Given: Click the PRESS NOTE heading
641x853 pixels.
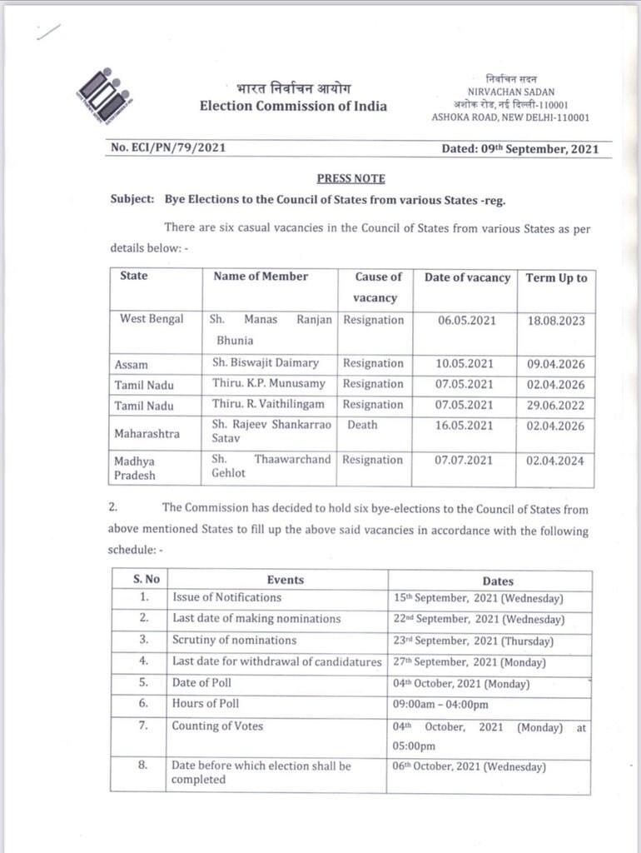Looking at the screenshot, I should [x=350, y=178].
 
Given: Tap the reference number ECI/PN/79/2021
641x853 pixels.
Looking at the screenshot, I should [x=168, y=148].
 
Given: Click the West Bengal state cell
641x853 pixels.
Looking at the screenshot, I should [x=152, y=319].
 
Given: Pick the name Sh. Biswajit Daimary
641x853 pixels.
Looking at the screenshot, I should [x=266, y=363].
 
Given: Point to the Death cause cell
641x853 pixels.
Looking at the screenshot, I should [x=362, y=425].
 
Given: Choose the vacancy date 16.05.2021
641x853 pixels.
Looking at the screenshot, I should [x=465, y=426].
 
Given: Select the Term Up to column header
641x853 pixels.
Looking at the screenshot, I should [x=556, y=278].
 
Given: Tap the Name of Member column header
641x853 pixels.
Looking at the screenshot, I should [x=261, y=277].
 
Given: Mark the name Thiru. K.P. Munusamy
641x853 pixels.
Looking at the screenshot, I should [x=268, y=384].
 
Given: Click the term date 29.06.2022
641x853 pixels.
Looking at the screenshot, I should [x=555, y=406].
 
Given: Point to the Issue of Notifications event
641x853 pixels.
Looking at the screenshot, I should [x=226, y=597].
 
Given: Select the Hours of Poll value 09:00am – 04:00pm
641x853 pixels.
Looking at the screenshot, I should [x=441, y=704].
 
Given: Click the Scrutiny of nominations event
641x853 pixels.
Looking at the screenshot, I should [x=234, y=641].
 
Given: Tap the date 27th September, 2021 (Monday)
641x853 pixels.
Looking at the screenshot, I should [x=469, y=663].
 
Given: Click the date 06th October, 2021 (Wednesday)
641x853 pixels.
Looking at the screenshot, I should [x=469, y=767].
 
